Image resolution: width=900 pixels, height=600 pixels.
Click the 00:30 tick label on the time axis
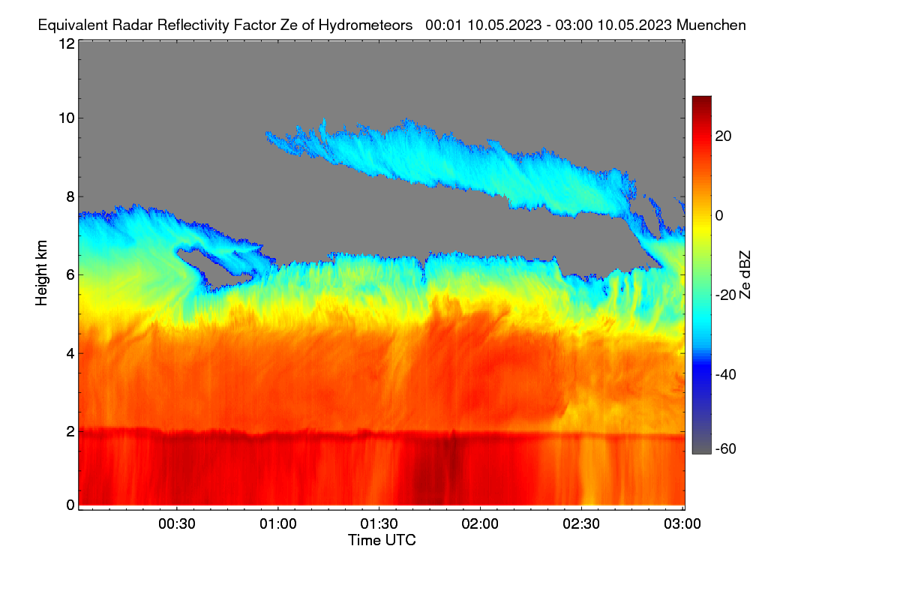[177, 523]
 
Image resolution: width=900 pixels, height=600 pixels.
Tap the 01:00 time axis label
[278, 523]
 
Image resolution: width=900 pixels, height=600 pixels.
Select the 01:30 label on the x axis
[379, 523]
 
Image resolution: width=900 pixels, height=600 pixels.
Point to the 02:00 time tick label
[480, 523]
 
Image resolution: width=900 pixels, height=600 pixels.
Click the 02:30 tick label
[581, 523]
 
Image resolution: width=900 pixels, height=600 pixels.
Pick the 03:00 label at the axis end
[682, 523]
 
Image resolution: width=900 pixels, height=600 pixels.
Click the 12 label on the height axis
[67, 43]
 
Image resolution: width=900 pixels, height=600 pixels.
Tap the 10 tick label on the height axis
[67, 118]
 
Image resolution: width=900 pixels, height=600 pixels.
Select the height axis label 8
[70, 196]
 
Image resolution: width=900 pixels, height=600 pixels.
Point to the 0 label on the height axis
[70, 505]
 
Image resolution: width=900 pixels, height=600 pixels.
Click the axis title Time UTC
[382, 540]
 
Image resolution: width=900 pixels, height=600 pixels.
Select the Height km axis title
[41, 273]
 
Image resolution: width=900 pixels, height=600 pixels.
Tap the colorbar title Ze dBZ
[745, 275]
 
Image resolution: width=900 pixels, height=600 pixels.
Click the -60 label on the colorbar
[726, 448]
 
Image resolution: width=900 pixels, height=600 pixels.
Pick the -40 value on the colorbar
[726, 374]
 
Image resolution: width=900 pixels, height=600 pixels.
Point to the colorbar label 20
[723, 136]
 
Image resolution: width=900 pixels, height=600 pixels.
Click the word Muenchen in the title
[711, 25]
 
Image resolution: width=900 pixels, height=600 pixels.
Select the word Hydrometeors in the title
[365, 25]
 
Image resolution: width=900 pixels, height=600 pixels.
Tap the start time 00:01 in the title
[443, 25]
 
